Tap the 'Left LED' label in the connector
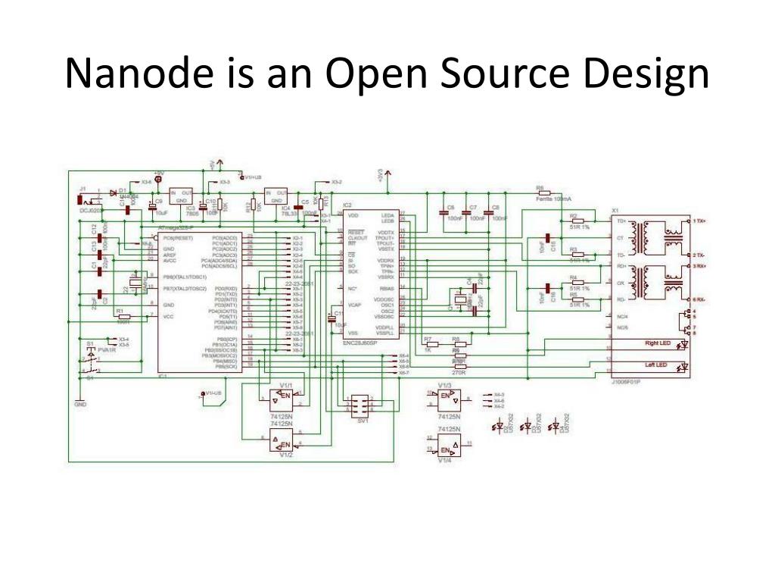[x=655, y=366]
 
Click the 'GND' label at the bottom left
[x=80, y=404]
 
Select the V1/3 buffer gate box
[x=447, y=399]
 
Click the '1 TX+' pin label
[x=698, y=221]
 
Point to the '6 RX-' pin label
[x=698, y=301]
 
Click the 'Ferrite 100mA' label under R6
[x=554, y=199]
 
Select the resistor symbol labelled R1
[x=124, y=316]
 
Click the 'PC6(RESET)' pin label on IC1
[x=179, y=237]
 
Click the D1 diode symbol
[x=114, y=192]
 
